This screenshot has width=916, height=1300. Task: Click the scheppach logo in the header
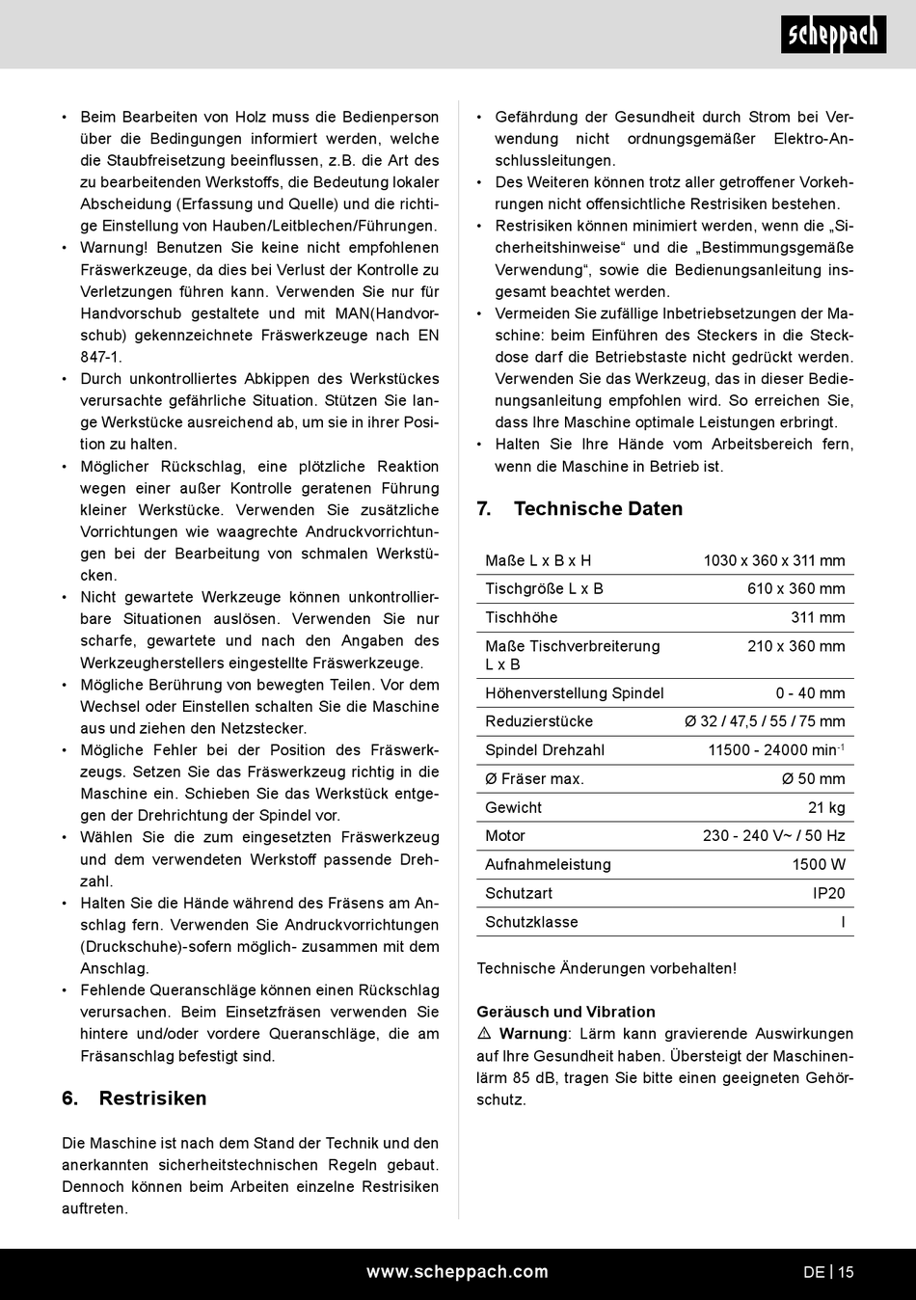coord(832,35)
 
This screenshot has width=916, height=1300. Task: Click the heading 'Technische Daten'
coord(598,509)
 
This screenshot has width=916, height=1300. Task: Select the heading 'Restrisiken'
coord(152,1098)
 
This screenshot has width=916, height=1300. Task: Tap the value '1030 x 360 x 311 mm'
coord(773,560)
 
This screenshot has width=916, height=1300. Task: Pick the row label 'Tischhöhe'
coord(521,617)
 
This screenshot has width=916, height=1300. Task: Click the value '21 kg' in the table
coord(826,807)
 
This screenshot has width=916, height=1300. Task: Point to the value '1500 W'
coord(819,864)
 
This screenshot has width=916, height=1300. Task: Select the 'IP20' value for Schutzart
coord(828,893)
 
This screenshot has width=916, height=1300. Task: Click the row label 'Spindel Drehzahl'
coord(545,749)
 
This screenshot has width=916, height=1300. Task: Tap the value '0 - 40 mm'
coord(810,692)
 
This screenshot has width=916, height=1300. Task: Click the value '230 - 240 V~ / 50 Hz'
coord(773,835)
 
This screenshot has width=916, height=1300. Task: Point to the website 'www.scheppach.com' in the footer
coord(457,1272)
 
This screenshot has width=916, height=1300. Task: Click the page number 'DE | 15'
coord(828,1272)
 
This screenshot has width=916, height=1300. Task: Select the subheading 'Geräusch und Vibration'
coord(566,1012)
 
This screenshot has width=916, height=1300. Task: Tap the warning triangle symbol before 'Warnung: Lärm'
coord(484,1034)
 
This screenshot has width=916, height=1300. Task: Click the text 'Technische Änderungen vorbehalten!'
coord(606,968)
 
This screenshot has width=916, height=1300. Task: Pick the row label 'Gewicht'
coord(513,807)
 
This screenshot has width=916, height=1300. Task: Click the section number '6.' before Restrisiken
coord(70,1098)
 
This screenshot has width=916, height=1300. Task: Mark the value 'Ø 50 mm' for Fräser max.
coord(813,778)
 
